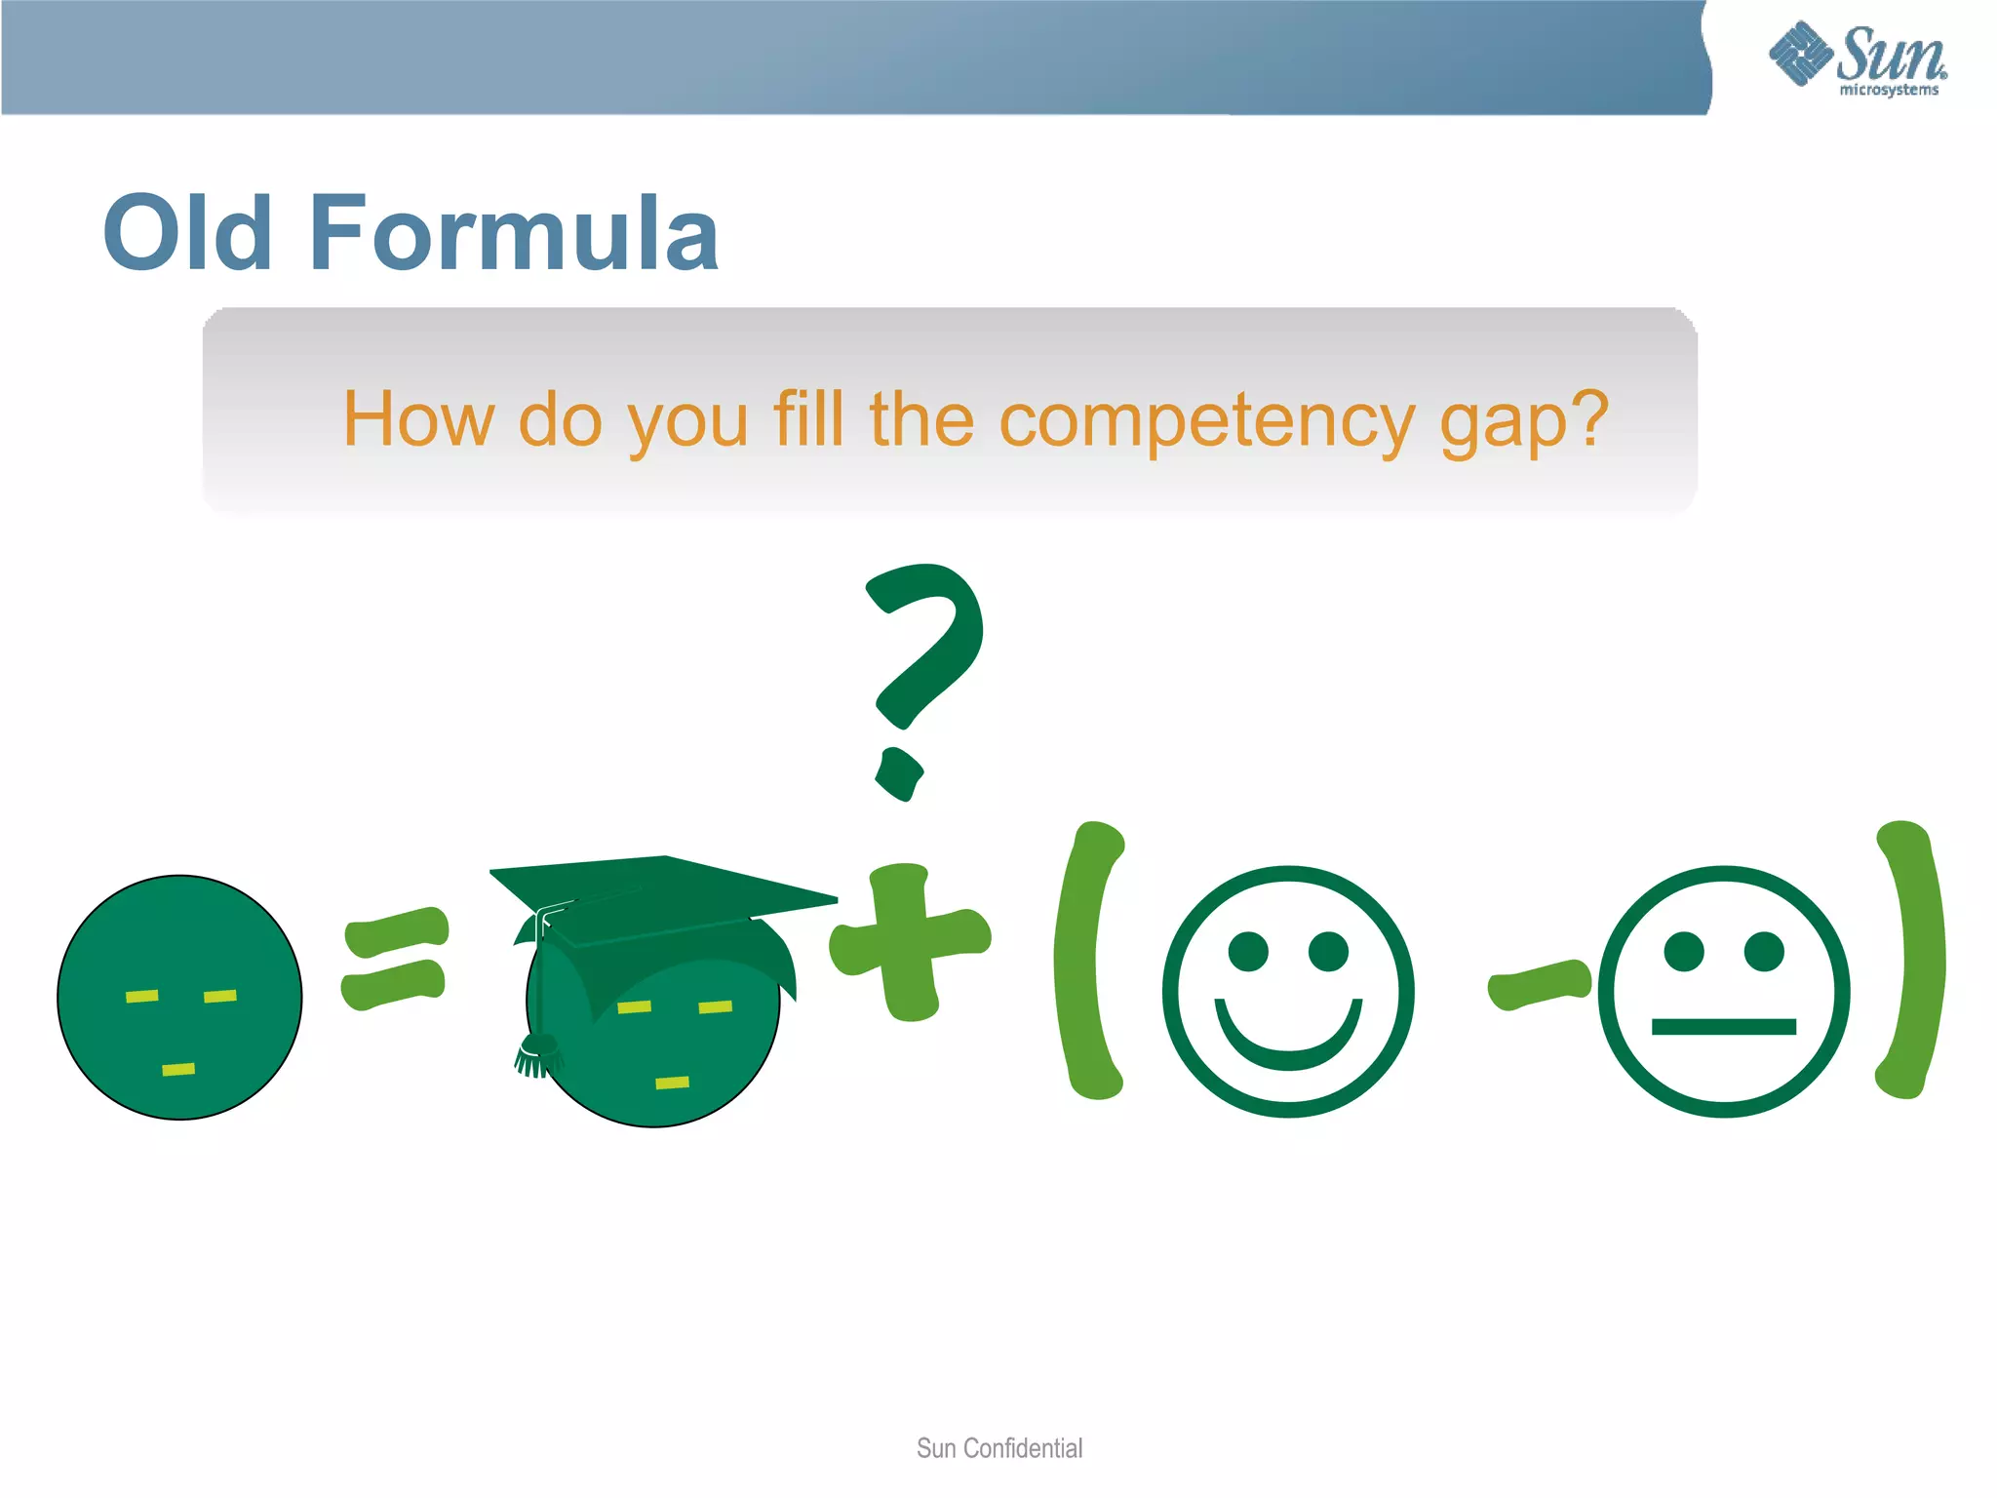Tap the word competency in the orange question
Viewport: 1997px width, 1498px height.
click(x=1206, y=420)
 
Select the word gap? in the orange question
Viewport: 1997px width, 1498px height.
click(x=1524, y=420)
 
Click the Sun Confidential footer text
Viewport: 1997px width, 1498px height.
click(x=999, y=1448)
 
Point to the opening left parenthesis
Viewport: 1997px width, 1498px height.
click(x=1090, y=961)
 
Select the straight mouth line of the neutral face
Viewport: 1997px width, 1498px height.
click(x=1723, y=1026)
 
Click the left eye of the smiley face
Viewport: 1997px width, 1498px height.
click(x=1248, y=951)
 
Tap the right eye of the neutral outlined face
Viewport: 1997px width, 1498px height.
click(x=1764, y=951)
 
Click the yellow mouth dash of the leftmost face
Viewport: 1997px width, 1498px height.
click(x=178, y=1069)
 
